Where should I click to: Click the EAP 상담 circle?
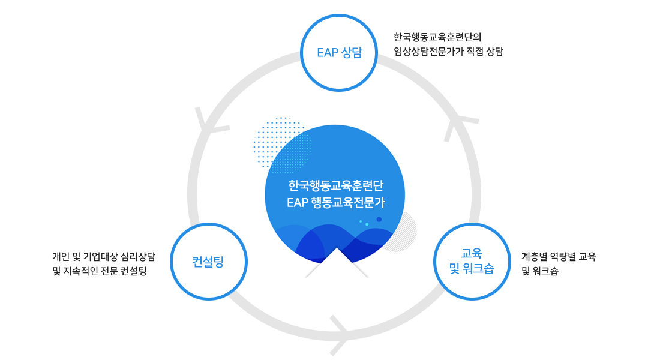coord(339,15)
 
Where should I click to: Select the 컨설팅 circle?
coord(209,224)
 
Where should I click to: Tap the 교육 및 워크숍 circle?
coord(472,224)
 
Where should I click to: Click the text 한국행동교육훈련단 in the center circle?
coord(336,185)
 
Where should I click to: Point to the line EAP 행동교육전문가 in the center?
coord(336,203)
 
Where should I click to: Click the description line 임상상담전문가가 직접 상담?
coord(448,52)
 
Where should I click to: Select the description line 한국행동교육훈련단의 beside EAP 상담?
coord(437,37)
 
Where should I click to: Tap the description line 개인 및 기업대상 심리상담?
coord(104,256)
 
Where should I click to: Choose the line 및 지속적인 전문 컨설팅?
coord(100,271)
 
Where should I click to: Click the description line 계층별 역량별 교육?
coord(559,256)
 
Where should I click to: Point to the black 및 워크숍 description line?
coord(540,271)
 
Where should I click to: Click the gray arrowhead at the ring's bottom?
coord(340,335)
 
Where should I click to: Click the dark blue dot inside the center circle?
coord(379,220)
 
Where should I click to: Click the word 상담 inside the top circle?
coord(352,53)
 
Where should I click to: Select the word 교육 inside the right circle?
coord(472,253)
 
